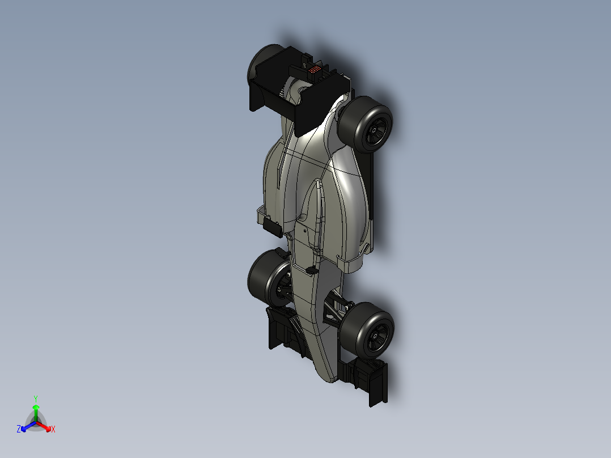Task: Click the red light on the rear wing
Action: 315,69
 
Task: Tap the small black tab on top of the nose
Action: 311,269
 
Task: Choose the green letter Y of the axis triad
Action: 35,398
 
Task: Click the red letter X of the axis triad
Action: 53,430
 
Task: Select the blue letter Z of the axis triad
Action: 19,430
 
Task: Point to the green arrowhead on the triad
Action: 36,408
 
